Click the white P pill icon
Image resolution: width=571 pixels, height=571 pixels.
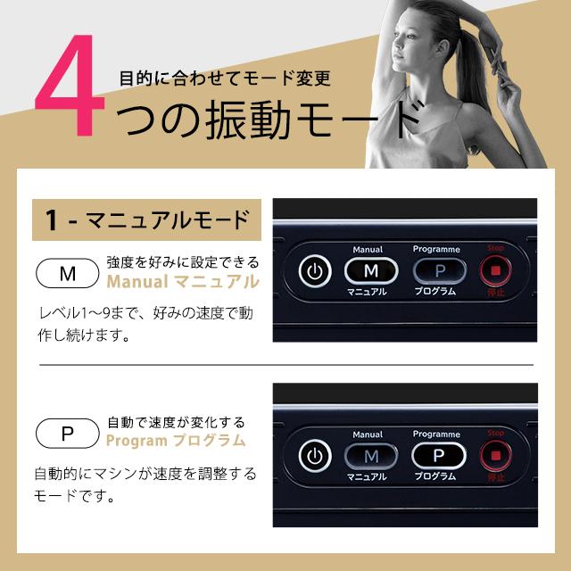click(67, 434)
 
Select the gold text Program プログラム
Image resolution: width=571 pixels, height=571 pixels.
click(176, 441)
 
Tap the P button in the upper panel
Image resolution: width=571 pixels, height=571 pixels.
click(437, 269)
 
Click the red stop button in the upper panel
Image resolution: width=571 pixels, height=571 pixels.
click(496, 269)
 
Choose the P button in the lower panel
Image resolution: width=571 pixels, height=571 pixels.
click(437, 455)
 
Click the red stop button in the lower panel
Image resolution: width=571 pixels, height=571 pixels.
click(496, 455)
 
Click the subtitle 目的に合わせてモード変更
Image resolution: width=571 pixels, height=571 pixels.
click(225, 78)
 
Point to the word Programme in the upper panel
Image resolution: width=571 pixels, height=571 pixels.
click(436, 250)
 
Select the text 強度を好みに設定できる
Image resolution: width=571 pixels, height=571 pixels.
click(182, 262)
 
